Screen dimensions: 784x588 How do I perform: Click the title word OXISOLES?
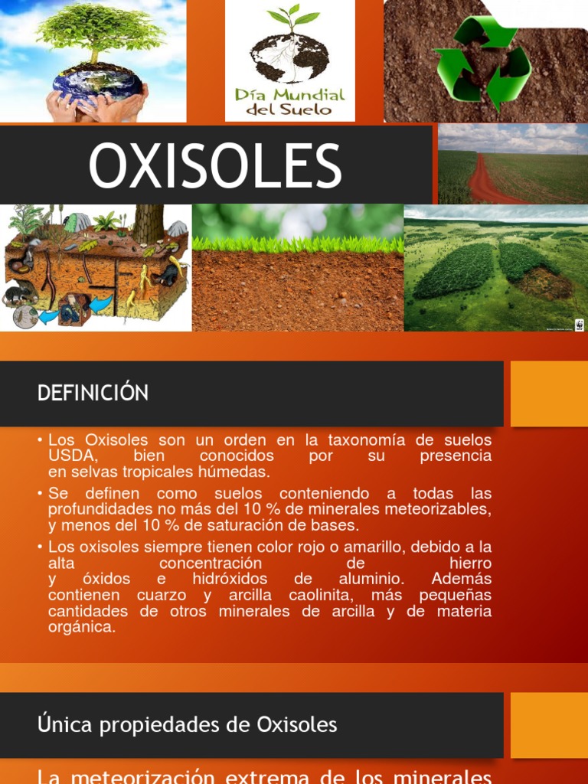pos(215,165)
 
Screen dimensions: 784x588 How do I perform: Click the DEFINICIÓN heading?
pos(93,393)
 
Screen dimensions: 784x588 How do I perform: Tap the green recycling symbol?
pos(482,63)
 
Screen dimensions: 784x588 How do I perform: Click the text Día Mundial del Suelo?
pos(290,102)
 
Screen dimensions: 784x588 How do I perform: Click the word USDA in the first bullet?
pos(73,456)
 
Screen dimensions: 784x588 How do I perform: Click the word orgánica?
pos(81,627)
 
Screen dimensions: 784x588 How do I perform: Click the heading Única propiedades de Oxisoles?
pos(187,724)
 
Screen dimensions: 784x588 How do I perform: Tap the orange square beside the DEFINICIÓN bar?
pos(549,394)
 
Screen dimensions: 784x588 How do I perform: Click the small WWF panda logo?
pos(579,325)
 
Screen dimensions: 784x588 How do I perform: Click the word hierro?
pos(470,563)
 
